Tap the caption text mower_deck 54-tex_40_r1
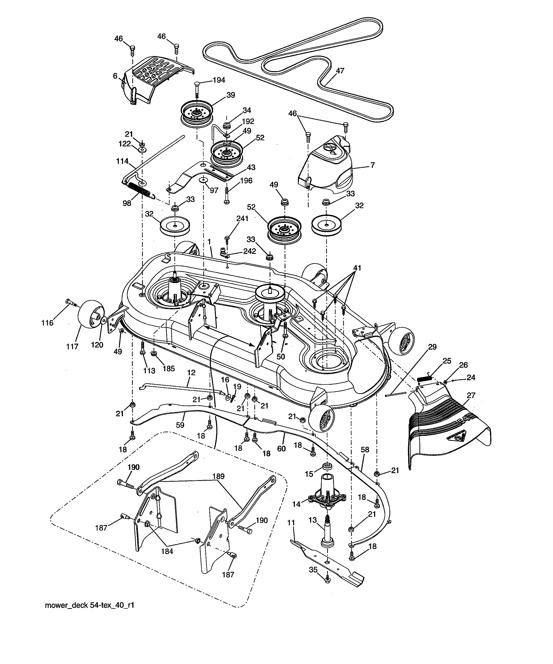tap(90, 605)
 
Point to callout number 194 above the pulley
tap(219, 80)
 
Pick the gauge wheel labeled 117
tap(91, 314)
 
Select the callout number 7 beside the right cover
tap(373, 165)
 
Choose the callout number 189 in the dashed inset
tap(218, 476)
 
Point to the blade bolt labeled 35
tap(327, 580)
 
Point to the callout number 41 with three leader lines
tap(357, 268)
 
